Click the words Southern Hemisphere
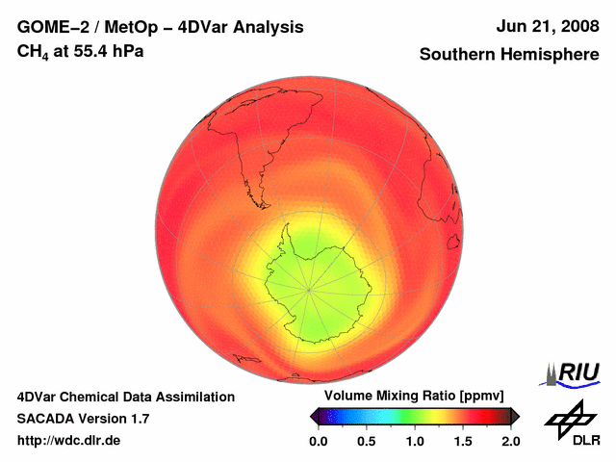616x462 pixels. tap(508, 55)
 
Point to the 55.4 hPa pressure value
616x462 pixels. tap(103, 51)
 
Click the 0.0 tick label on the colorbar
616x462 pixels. tap(318, 441)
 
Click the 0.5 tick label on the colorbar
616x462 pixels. tap(366, 441)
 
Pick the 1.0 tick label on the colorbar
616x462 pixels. tap(414, 441)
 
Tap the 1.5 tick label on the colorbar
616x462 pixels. tap(462, 441)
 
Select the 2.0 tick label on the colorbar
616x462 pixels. tap(510, 441)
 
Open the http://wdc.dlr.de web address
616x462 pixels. tap(69, 441)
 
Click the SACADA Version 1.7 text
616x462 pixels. tap(83, 419)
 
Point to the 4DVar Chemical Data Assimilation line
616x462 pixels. tap(125, 397)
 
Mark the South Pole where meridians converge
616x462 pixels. tap(309, 288)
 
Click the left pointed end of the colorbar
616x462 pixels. tap(313, 416)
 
